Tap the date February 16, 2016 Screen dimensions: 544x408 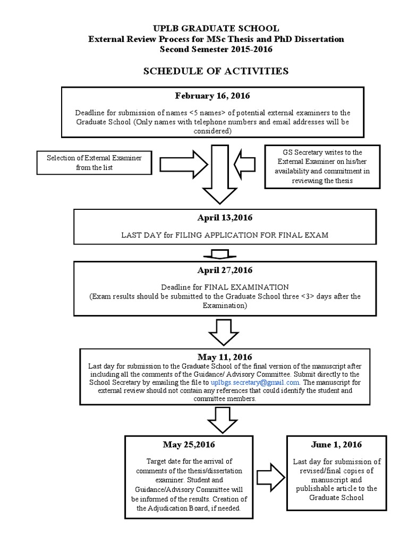point(212,96)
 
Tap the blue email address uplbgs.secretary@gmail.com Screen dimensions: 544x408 point(256,382)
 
